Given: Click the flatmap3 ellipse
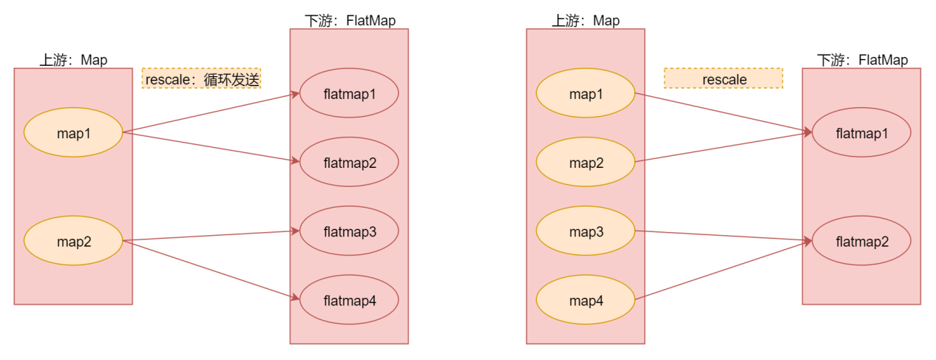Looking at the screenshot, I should pyautogui.click(x=350, y=231).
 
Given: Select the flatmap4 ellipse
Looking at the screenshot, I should pyautogui.click(x=350, y=299).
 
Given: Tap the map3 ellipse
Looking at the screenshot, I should pyautogui.click(x=585, y=231).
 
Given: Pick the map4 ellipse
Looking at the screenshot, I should pyautogui.click(x=585, y=299).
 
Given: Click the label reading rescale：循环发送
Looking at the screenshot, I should pyautogui.click(x=201, y=78).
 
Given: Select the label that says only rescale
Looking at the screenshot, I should pyautogui.click(x=723, y=78).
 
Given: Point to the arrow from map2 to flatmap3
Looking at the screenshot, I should pyautogui.click(x=211, y=236).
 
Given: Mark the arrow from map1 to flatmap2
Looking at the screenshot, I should pyautogui.click(x=211, y=146).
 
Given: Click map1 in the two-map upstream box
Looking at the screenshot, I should pyautogui.click(x=73, y=132).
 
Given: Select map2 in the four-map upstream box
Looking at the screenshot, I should pyautogui.click(x=585, y=161).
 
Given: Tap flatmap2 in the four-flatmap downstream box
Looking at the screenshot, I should pyautogui.click(x=350, y=161).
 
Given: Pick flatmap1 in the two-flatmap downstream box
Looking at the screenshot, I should pyautogui.click(x=861, y=133).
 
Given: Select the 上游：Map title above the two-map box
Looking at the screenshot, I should pyautogui.click(x=73, y=60).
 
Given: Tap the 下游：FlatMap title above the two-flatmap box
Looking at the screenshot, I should pyautogui.click(x=862, y=60).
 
